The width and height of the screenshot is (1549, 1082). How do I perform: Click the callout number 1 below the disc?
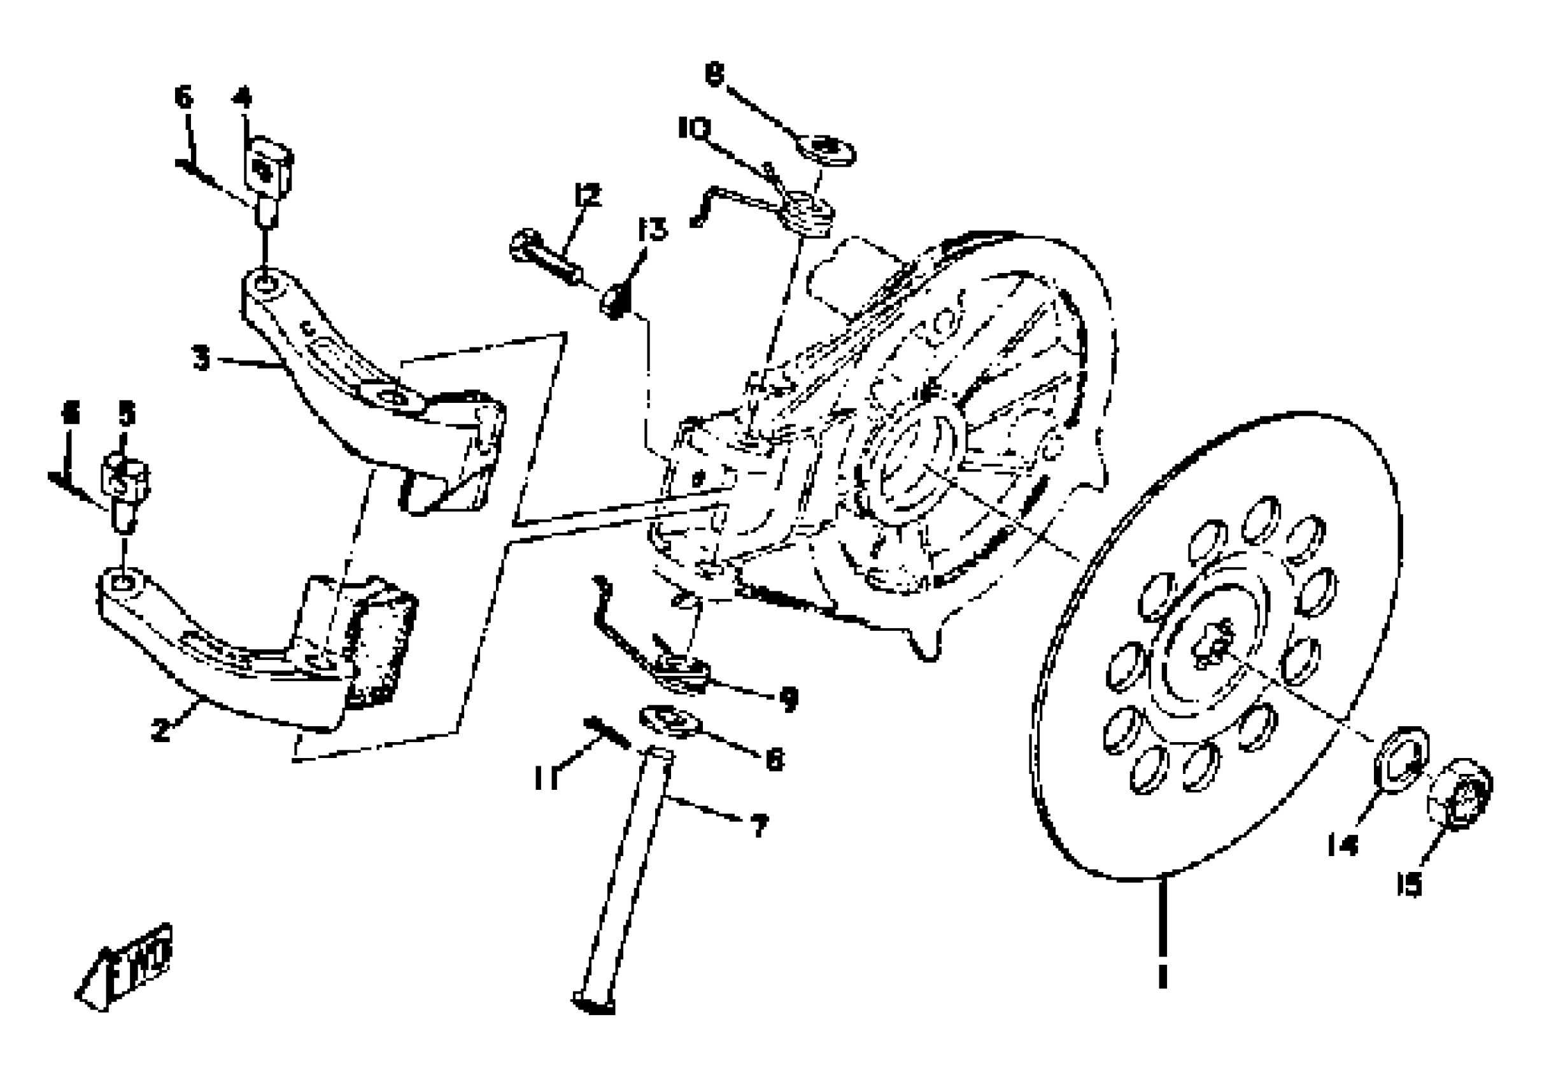[1162, 976]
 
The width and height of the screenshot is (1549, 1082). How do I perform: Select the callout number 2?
[161, 729]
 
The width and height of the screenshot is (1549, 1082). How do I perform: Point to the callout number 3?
[201, 358]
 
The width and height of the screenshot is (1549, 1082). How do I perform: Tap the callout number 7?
[760, 825]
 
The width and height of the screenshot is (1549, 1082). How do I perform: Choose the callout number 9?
[788, 699]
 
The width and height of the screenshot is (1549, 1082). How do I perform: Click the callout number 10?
[694, 127]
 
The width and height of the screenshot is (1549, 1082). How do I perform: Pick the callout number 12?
[588, 195]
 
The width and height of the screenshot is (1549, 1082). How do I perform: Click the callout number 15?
[1410, 884]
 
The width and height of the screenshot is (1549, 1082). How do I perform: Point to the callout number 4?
[241, 98]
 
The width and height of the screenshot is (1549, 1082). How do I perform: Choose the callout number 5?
[127, 414]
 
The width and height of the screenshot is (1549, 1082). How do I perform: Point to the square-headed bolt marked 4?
[268, 172]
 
